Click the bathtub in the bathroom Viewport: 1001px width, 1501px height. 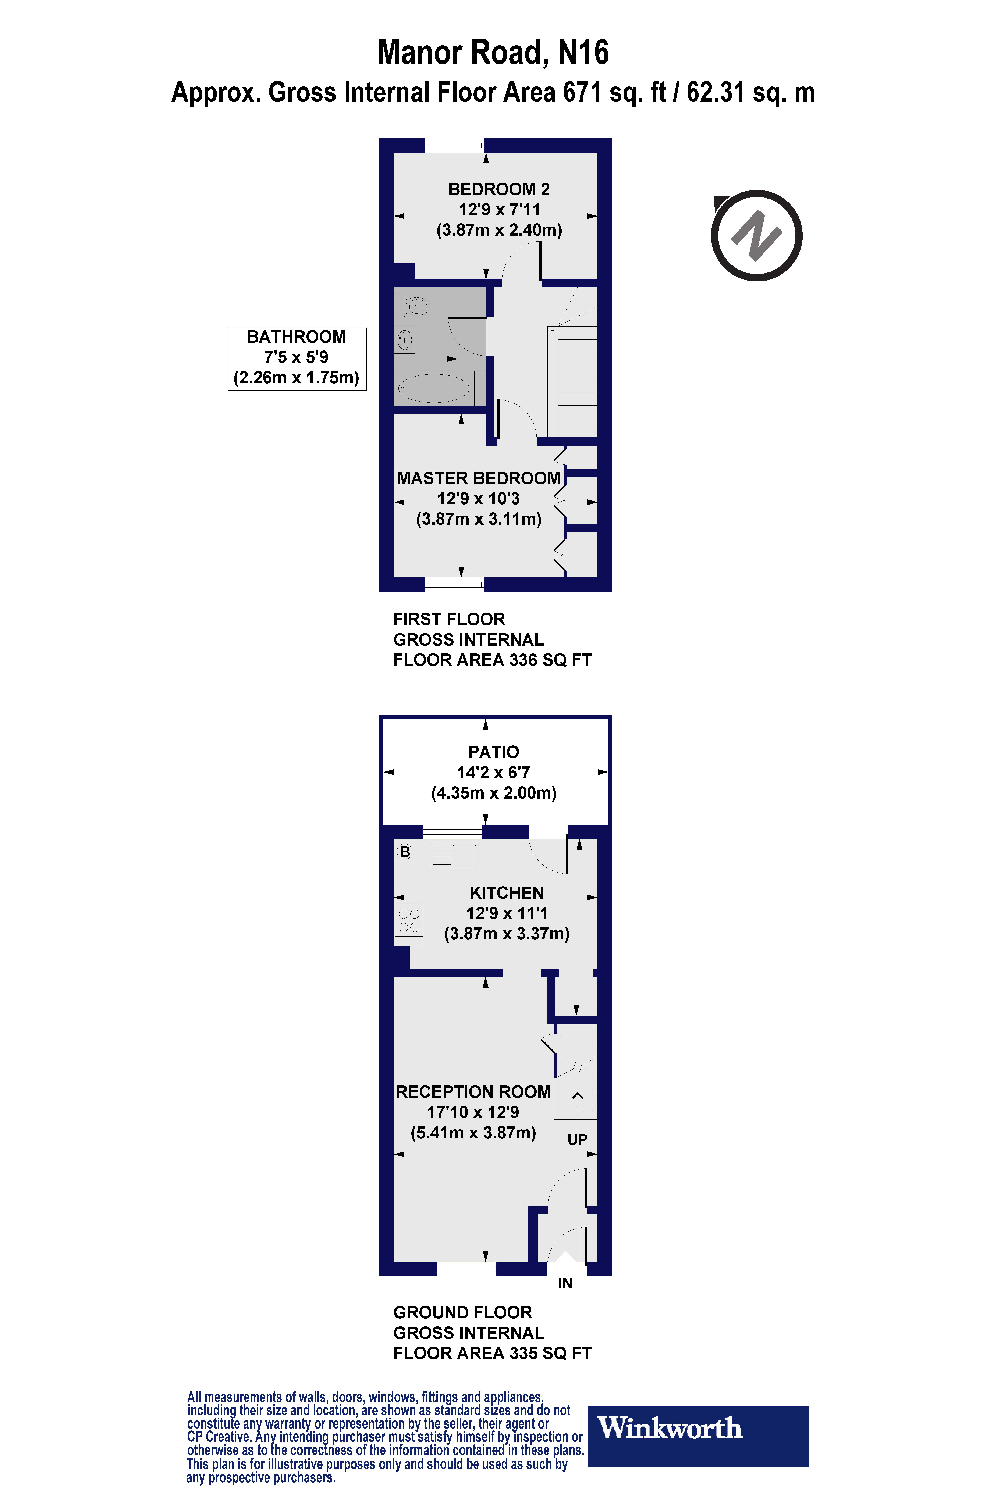click(x=434, y=388)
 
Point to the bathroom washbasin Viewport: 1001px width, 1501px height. click(x=405, y=339)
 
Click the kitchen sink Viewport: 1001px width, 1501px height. click(x=454, y=855)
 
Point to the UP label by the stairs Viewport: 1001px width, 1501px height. click(x=577, y=1139)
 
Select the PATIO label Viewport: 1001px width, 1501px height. click(x=493, y=752)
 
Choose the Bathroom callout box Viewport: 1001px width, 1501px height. click(x=297, y=359)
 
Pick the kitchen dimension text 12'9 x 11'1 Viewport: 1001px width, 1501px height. click(x=507, y=913)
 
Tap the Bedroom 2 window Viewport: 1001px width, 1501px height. click(x=455, y=146)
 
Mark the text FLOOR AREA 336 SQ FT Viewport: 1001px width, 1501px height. click(x=492, y=660)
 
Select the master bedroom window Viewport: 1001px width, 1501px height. click(x=455, y=584)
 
